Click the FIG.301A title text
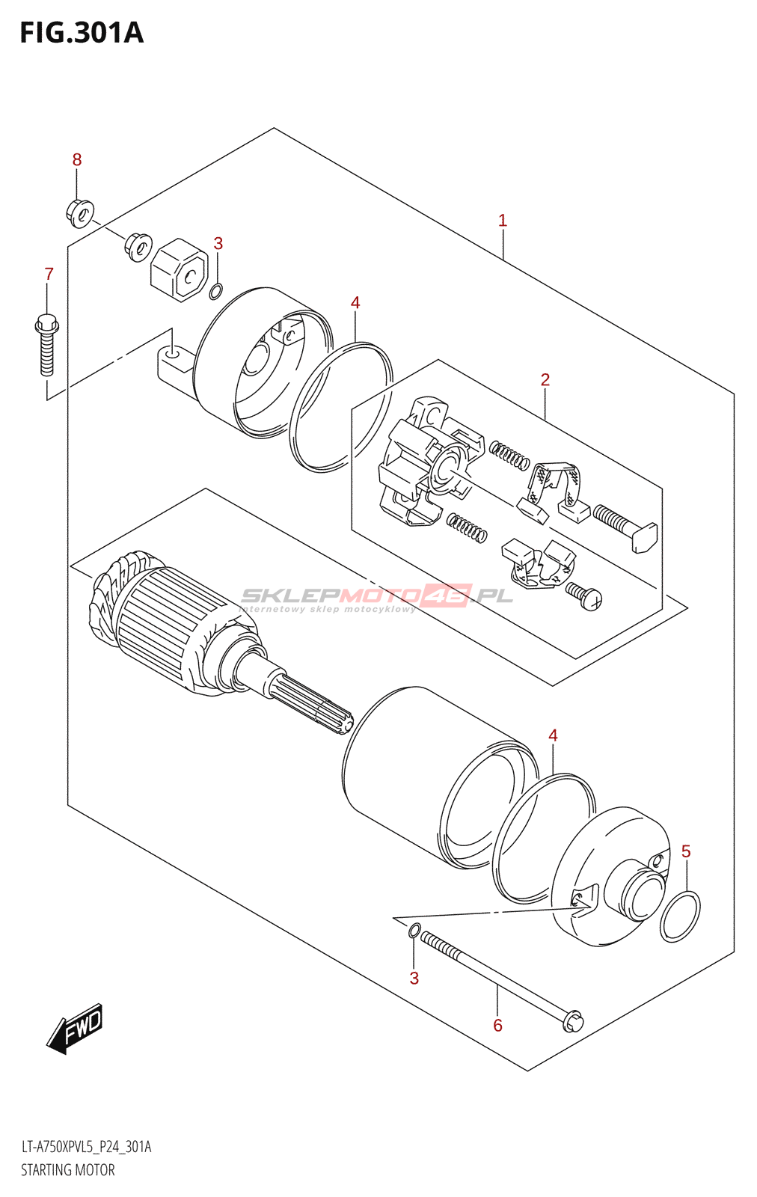pos(81,33)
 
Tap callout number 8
pos(77,159)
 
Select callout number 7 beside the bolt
pos(49,274)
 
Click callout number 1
pos(503,221)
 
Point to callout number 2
pos(545,380)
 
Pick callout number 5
pos(686,851)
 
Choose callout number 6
pos(497,1025)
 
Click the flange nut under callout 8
pos(80,212)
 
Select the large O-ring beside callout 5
pos(680,916)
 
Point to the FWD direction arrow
pos(75,1029)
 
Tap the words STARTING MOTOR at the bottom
pos(68,1170)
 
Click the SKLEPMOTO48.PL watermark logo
pos(376,596)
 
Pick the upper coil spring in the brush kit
pos(509,454)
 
